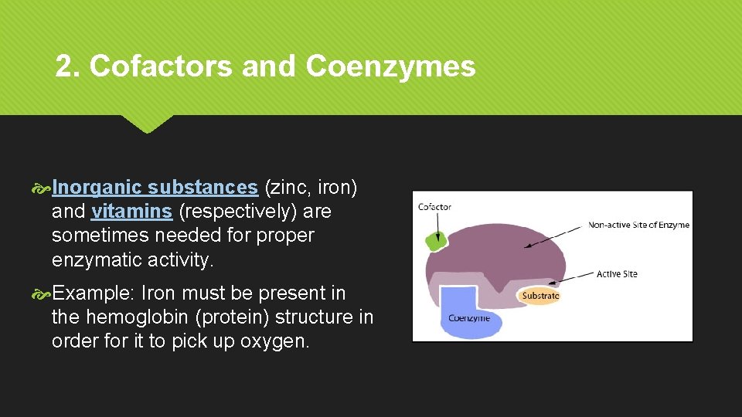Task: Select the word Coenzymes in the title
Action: coord(390,67)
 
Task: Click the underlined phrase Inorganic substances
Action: coord(155,188)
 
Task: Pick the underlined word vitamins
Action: coord(131,212)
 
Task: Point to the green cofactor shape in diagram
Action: coord(436,240)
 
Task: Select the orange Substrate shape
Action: coord(539,296)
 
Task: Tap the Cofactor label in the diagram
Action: coord(434,207)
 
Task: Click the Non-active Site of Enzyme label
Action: coord(638,225)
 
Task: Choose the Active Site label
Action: coord(617,274)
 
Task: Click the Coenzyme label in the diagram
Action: coord(468,318)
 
